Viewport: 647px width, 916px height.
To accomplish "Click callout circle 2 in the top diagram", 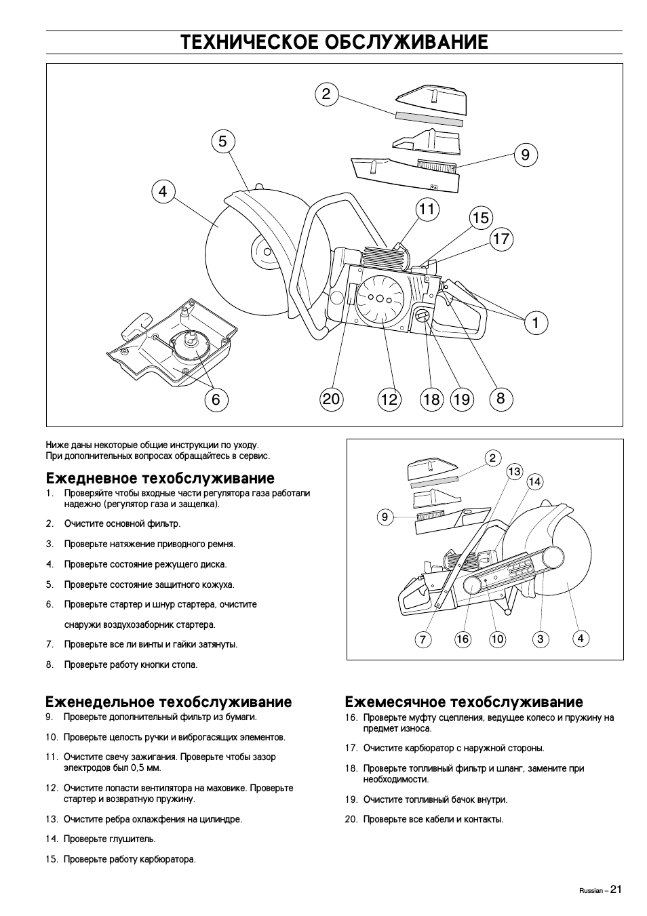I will pos(326,94).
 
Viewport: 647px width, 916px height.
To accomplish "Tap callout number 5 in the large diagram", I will pos(222,142).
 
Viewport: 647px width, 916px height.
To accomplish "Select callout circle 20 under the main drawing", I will pos(331,399).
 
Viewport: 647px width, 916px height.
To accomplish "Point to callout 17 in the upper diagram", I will pos(501,239).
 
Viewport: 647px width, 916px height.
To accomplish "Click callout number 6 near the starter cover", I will pos(216,399).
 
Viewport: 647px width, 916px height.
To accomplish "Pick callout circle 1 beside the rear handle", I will pos(535,323).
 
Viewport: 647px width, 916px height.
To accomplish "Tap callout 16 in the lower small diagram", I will pos(463,639).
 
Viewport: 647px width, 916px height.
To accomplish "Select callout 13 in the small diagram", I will pos(514,471).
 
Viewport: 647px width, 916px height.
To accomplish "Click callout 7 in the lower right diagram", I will pos(423,639).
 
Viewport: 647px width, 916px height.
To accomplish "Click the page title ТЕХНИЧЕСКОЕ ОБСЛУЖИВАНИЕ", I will pos(334,43).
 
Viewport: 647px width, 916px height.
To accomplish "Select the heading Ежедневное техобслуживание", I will pos(160,479).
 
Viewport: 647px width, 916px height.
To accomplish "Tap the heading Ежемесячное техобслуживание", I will pos(464,702).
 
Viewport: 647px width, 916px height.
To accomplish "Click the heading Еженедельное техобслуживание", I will pos(168,702).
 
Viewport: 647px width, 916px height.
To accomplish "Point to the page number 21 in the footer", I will pos(615,890).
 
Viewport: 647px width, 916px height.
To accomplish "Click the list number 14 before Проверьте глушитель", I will pos(52,839).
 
